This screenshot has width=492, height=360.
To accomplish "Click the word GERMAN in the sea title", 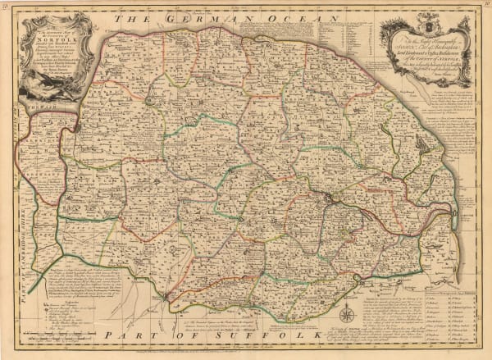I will pos(191,16).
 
